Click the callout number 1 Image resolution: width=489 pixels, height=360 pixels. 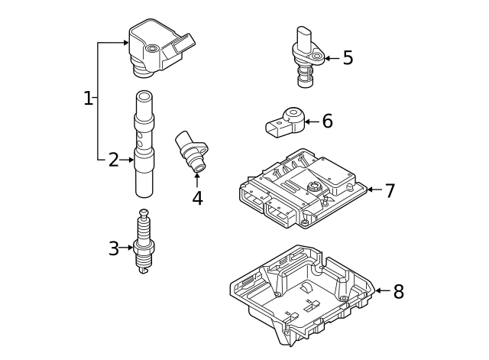88,98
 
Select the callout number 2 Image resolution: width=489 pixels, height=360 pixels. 113,160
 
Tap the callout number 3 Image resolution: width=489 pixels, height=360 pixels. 113,248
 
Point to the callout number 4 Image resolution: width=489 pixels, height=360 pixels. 197,199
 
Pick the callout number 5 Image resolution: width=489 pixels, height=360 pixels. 348,58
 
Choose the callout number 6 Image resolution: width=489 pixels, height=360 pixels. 327,121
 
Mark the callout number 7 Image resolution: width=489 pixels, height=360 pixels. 390,190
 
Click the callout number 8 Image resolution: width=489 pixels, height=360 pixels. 398,291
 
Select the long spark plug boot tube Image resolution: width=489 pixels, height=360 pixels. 145,145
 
